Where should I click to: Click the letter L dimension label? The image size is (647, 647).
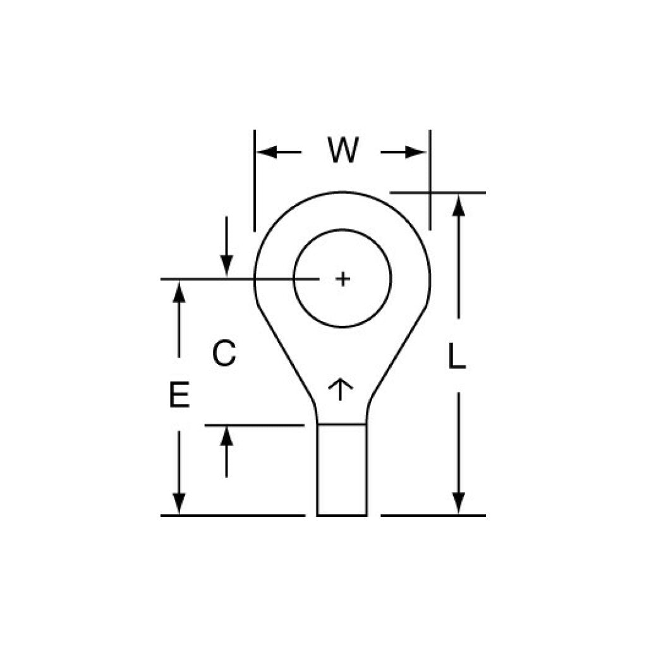tap(457, 357)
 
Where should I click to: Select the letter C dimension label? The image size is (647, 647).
tap(224, 354)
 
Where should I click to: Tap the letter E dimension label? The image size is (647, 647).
tap(179, 396)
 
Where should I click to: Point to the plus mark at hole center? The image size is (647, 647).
tap(342, 279)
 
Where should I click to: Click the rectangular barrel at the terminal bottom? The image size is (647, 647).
tap(341, 470)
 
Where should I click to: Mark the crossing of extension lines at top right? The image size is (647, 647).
tap(430, 192)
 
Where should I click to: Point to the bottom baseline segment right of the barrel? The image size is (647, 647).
tap(433, 516)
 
